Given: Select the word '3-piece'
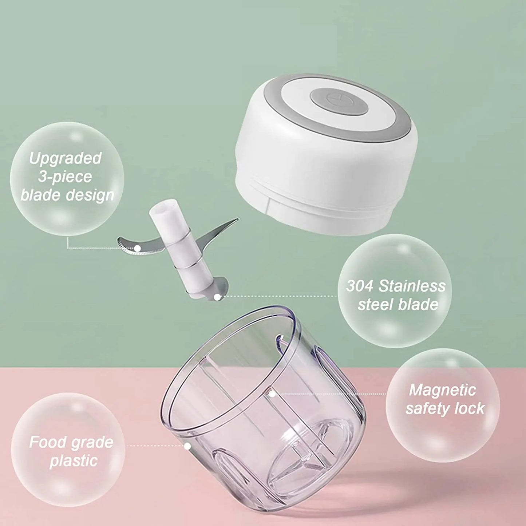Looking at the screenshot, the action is [x=65, y=177].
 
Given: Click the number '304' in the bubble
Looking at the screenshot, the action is [x=359, y=286].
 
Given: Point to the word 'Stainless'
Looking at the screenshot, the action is [x=412, y=286].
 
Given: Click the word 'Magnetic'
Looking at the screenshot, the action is [x=443, y=390].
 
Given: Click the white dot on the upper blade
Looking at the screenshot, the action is [x=138, y=248].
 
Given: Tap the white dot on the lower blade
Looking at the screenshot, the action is [x=217, y=297].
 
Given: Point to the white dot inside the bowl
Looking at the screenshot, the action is [x=272, y=393].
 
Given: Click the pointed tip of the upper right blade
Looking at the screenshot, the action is [x=238, y=218].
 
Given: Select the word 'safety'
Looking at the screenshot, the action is [x=426, y=409].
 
